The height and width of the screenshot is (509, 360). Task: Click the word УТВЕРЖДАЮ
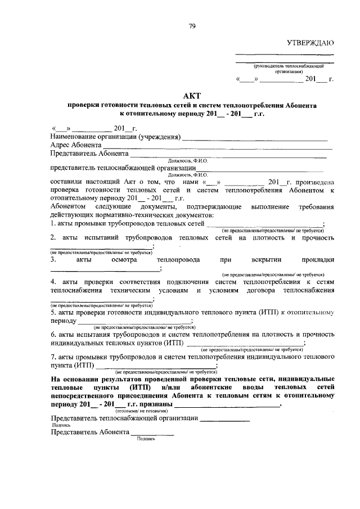[310, 43]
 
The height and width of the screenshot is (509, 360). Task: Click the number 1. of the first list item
[53, 224]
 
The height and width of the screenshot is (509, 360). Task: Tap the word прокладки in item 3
[317, 260]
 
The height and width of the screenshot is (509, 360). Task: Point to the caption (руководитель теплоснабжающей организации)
[286, 69]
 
